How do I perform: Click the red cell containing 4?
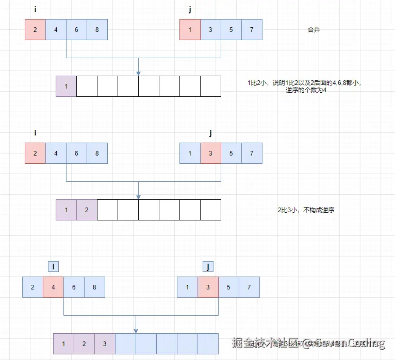(53, 287)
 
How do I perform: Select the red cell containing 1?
(190, 29)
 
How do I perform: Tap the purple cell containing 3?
(105, 344)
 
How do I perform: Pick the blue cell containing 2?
(32, 287)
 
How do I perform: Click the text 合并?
(314, 30)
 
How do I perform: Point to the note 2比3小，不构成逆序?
(306, 210)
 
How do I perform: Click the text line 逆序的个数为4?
(306, 90)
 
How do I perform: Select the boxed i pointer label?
(53, 266)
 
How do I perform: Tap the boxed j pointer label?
(208, 266)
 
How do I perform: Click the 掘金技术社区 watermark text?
(266, 343)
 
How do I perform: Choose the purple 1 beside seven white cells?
(66, 86)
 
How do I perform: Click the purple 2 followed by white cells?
(87, 210)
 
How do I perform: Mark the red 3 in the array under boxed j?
(208, 287)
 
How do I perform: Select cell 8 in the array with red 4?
(94, 287)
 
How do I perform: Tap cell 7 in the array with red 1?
(252, 29)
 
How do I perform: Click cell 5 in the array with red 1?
(231, 29)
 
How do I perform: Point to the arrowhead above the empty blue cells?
(136, 330)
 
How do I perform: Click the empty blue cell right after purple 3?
(125, 344)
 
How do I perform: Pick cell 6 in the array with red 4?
(74, 287)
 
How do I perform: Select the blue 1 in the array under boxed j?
(187, 287)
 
